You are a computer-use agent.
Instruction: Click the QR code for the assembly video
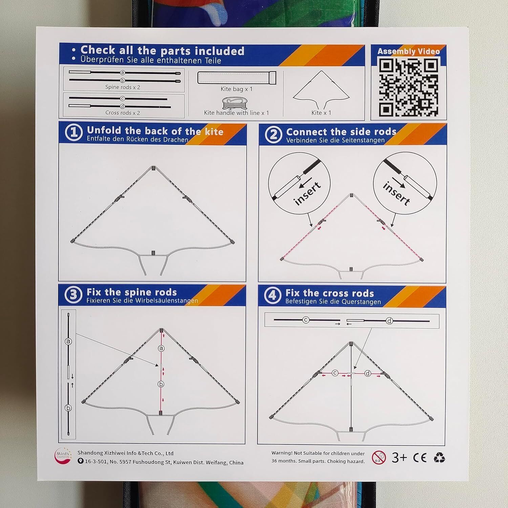(408, 87)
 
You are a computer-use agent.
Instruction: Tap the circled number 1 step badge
(73, 132)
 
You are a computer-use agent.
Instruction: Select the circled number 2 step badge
(273, 135)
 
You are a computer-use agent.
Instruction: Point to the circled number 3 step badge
(73, 295)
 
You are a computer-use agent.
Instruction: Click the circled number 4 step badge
(273, 296)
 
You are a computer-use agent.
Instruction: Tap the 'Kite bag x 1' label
(236, 89)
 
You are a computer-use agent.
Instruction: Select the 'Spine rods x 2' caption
(123, 87)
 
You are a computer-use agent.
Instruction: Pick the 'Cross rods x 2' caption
(123, 113)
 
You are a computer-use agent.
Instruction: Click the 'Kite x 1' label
(321, 113)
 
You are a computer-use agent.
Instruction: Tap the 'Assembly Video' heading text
(408, 51)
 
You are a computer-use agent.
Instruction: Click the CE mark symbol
(420, 458)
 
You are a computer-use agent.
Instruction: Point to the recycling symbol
(439, 458)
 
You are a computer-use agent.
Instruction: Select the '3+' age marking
(399, 458)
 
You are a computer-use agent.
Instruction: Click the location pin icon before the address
(80, 461)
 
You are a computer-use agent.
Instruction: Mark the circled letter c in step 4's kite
(335, 373)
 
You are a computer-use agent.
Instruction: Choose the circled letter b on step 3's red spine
(161, 384)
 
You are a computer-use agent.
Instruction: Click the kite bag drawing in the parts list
(236, 78)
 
